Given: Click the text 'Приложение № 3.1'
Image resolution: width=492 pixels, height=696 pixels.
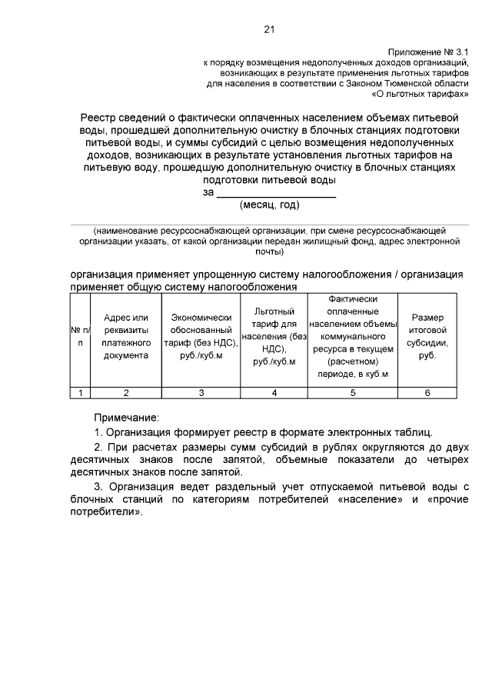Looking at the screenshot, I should (428, 52).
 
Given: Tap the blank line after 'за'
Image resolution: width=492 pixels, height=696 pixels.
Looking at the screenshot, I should (275, 192).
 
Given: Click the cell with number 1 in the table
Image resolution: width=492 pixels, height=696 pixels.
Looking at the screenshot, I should (79, 393).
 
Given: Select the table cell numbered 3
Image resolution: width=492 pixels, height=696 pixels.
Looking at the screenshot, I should (201, 393).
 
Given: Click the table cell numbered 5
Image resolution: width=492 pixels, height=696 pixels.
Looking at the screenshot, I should (353, 393).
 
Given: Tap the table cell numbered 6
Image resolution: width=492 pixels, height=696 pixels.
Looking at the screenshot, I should (427, 393).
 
